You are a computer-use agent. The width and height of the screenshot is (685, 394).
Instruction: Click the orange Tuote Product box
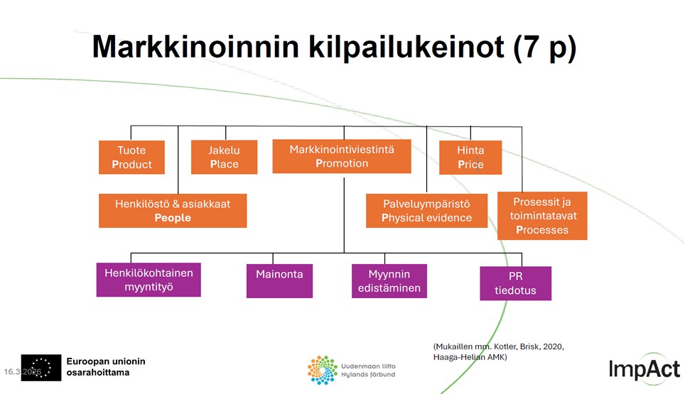click(131, 158)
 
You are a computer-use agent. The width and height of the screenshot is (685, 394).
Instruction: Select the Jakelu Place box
click(224, 158)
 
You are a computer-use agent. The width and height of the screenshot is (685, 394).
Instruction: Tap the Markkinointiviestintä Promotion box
click(342, 156)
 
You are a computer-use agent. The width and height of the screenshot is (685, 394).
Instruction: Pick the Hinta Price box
click(470, 158)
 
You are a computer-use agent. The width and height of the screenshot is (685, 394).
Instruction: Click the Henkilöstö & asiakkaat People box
click(173, 211)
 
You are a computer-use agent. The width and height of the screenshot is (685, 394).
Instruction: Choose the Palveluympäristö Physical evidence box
click(426, 211)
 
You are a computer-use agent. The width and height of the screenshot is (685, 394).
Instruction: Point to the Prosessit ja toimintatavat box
click(542, 215)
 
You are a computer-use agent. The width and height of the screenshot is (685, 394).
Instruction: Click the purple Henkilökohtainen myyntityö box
click(149, 280)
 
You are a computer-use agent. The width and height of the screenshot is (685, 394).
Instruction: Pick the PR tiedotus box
click(515, 283)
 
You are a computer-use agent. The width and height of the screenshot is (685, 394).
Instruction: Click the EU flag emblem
click(41, 367)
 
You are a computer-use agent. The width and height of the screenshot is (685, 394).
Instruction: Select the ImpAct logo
click(644, 368)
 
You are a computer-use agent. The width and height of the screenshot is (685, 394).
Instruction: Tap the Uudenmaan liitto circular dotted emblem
click(322, 370)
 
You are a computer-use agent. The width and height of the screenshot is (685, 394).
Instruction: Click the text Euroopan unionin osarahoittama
click(105, 366)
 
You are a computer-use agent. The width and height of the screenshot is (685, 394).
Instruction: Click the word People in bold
click(173, 218)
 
